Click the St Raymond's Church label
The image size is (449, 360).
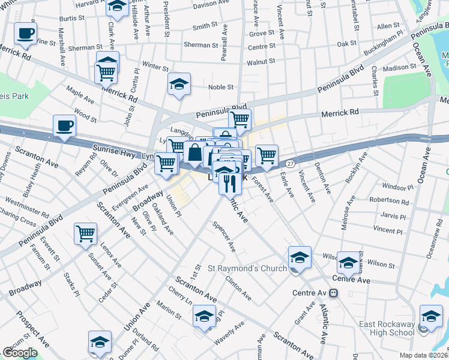pos(247,268)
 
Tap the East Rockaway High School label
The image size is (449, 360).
pos(387,329)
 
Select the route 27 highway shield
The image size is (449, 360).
pos(290,163)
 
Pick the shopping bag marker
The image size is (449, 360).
pos(195,154)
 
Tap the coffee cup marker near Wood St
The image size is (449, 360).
pos(65,126)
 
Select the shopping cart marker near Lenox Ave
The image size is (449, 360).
pos(86,233)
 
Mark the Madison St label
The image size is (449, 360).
pos(399,68)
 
